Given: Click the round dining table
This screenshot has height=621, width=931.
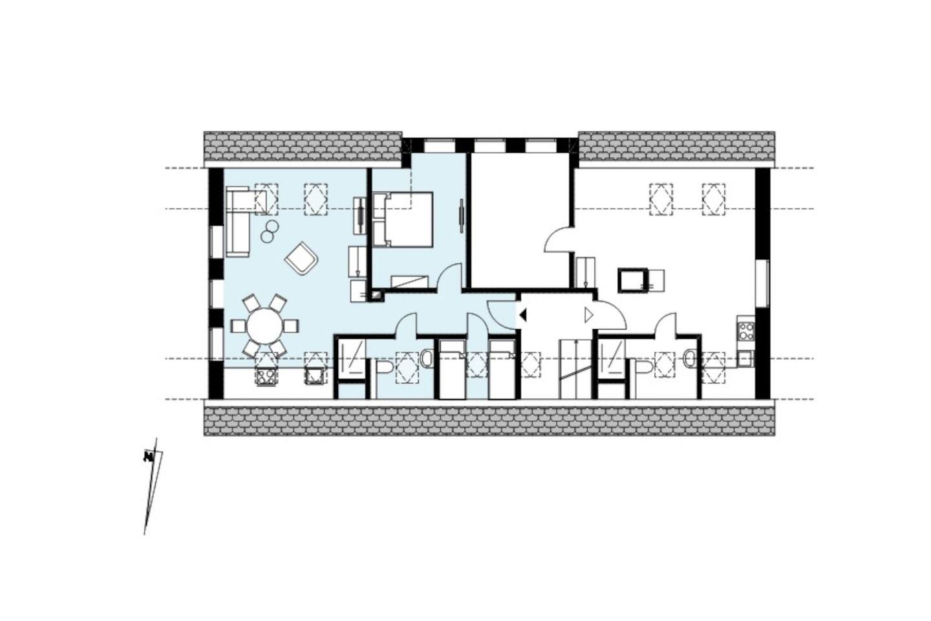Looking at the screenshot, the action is coord(264,325).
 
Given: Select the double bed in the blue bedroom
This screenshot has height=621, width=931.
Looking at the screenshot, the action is coord(403,219).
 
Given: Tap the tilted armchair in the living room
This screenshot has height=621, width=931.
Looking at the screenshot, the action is coord(302,259).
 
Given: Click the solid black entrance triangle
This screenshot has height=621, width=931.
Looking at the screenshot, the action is coord(523,315).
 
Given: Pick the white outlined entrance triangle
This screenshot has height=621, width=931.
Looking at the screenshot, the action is coord(588,315).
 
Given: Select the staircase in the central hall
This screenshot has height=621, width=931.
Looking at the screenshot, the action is coord(575,369).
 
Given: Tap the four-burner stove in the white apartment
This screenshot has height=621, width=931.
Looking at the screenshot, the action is coord(745,331).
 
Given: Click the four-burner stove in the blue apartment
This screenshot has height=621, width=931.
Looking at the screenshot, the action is coord(266,377).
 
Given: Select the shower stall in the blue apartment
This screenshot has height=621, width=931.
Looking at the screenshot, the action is coord(352,360).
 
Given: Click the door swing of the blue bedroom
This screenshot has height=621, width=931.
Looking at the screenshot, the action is coord(450,276).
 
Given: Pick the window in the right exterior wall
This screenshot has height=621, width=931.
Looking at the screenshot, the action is coord(762,284).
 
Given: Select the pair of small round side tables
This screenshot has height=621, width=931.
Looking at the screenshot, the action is coord(270,232).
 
